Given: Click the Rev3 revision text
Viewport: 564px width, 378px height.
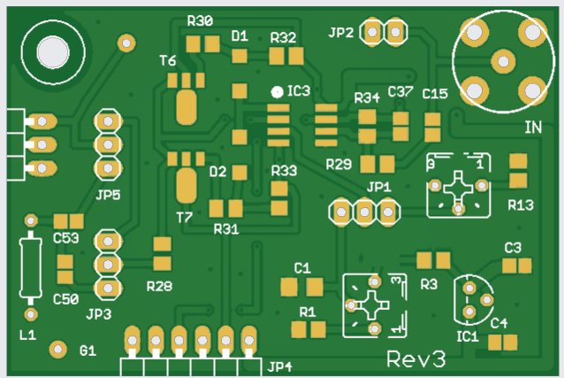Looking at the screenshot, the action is coord(416,359).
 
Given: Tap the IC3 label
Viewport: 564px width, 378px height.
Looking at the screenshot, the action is coord(299,91).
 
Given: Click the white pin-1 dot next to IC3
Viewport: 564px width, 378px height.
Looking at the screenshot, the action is coord(277,93).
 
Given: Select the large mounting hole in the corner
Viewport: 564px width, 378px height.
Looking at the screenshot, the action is coord(53,52).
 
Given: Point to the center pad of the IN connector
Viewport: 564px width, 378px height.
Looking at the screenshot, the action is coord(503,61).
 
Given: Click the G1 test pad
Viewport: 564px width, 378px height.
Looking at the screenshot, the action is coord(58,349).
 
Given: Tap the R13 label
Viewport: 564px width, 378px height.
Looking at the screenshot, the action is coord(521,205).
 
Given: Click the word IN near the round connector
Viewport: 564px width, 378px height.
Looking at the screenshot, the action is coord(533,127).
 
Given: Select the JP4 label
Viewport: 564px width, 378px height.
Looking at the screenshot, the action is coord(280,366).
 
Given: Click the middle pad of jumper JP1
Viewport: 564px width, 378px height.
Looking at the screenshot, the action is coord(365,212).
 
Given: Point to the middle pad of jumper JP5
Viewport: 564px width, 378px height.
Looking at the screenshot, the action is coord(108,145).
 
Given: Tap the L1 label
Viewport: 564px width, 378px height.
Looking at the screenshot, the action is coord(27,336).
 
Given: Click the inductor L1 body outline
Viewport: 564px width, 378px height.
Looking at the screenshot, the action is coord(31,267).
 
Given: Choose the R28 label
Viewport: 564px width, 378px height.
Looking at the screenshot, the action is coord(159,286).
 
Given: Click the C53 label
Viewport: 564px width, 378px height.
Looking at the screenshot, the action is coord(65,238).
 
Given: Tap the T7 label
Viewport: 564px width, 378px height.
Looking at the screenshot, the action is coord(184,217).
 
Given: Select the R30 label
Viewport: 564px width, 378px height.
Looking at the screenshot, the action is coord(200,21).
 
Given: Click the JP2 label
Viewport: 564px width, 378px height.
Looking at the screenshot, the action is coord(341,33).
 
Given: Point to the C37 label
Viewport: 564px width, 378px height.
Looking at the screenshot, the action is coord(400,91).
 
